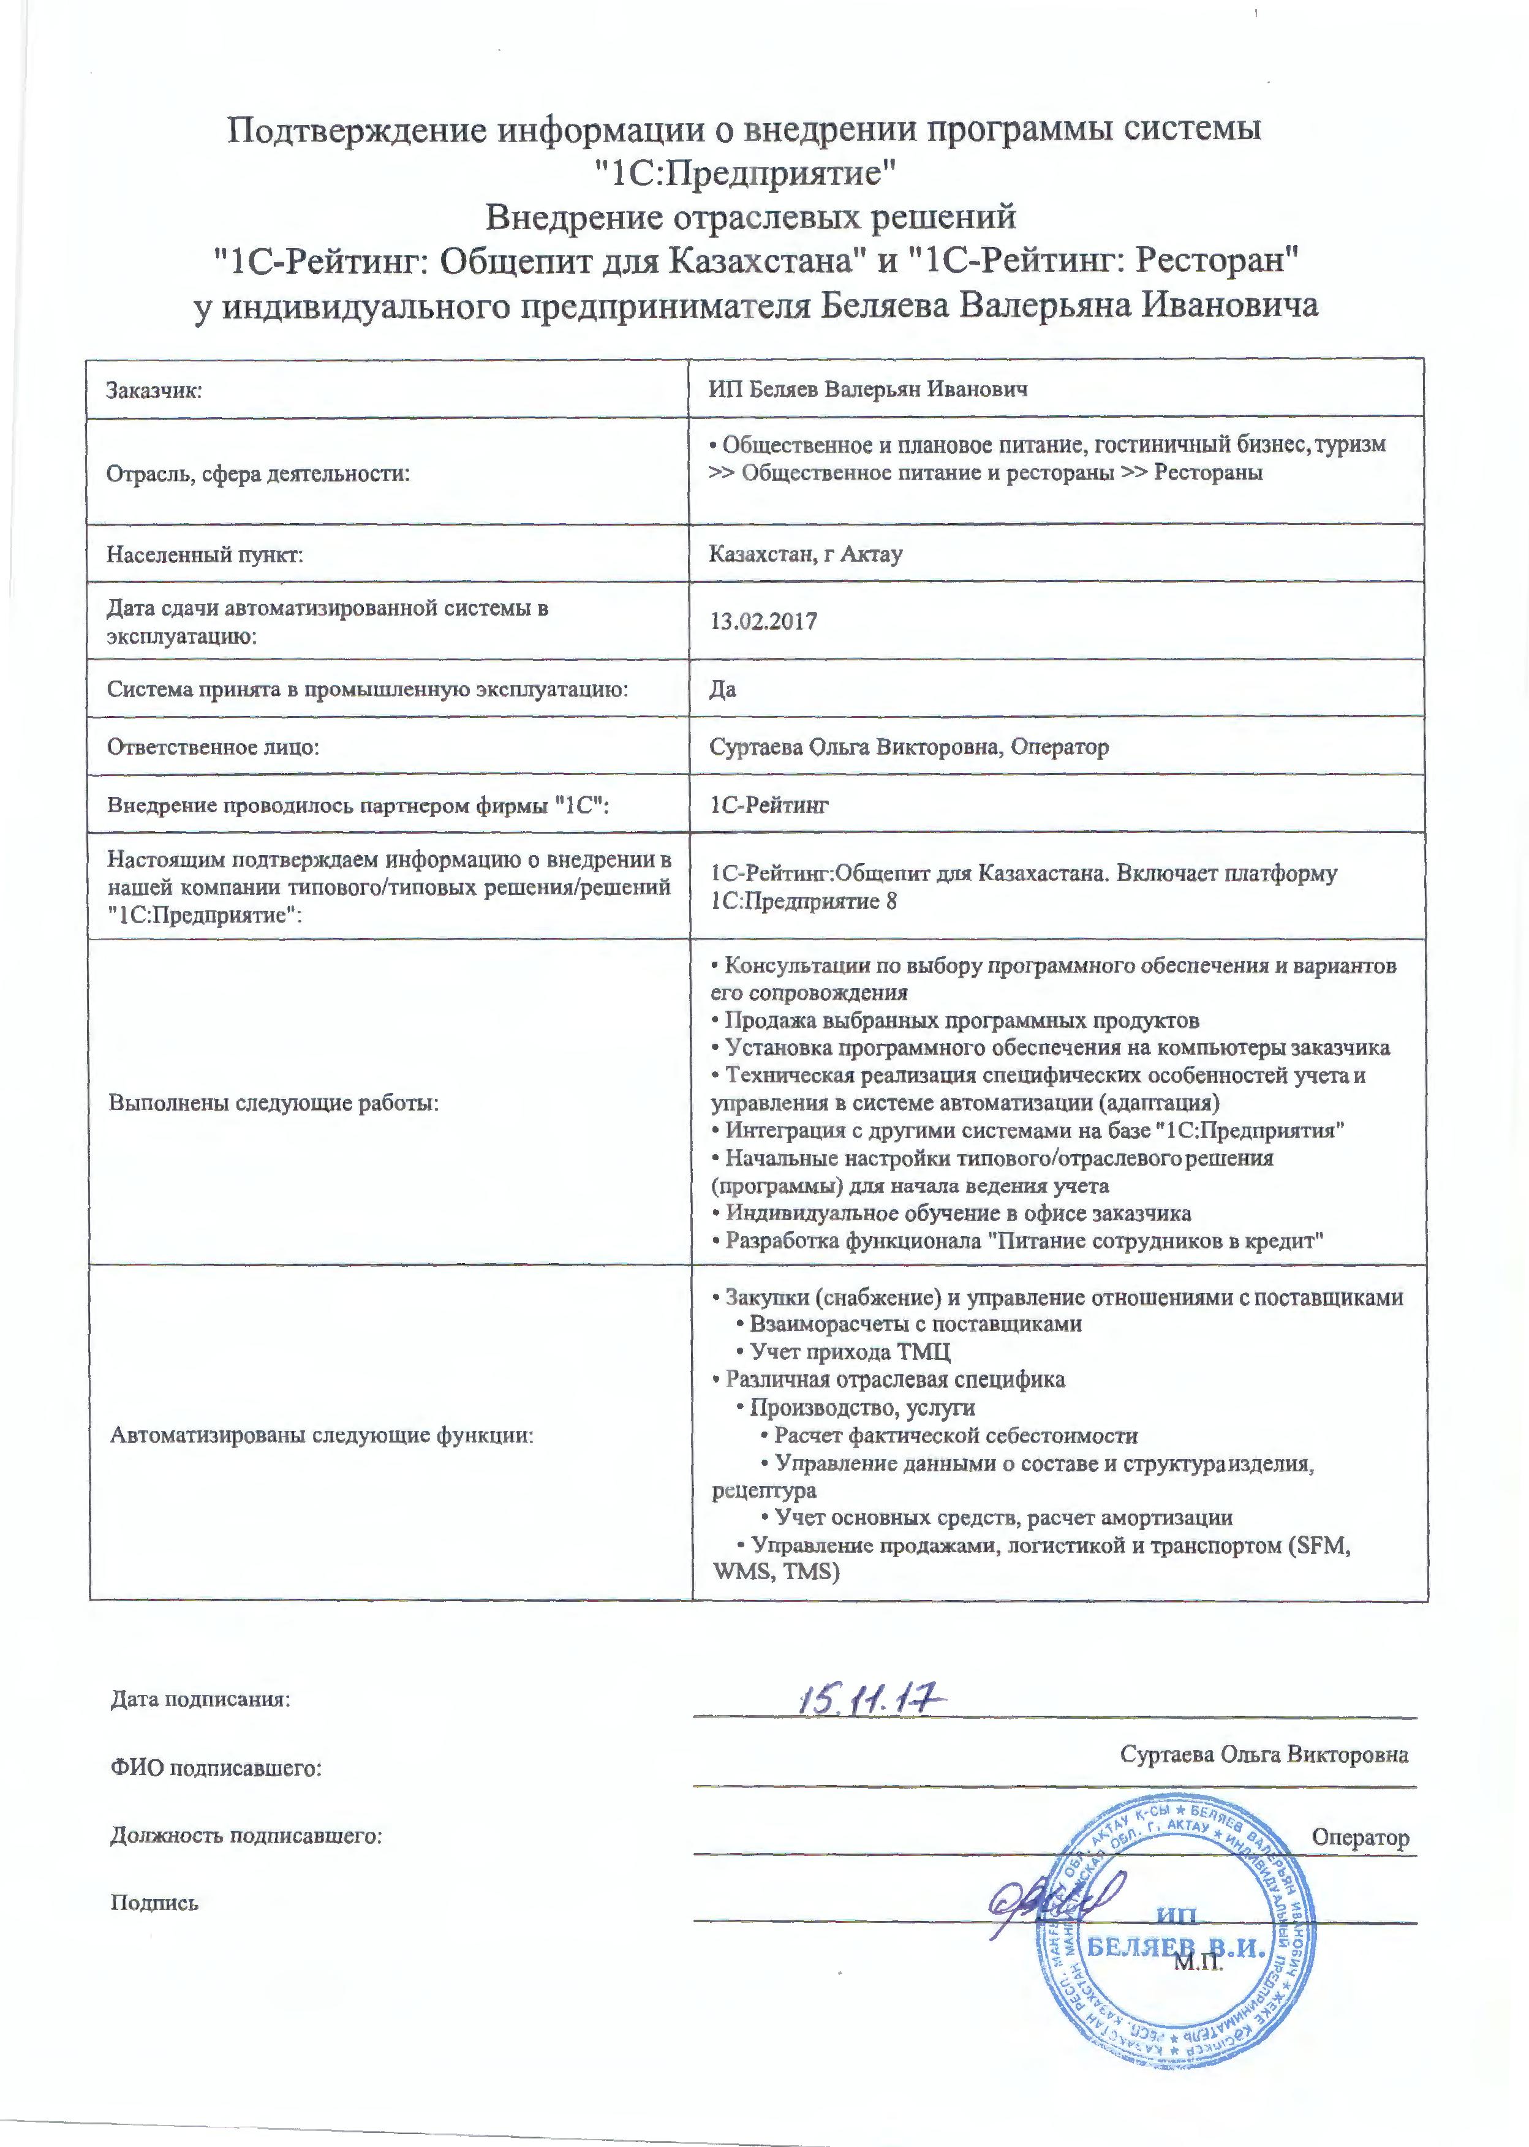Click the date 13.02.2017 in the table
coord(763,621)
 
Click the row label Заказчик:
coord(154,390)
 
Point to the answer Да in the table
coord(722,689)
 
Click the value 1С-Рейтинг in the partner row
coord(769,805)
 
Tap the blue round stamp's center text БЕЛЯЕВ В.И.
coord(1176,1947)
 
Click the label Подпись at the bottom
coord(154,1902)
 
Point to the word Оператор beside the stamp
coord(1359,1836)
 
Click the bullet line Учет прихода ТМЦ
coord(849,1353)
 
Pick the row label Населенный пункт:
coord(205,554)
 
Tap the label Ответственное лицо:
coord(213,747)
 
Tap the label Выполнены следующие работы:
coord(274,1102)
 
